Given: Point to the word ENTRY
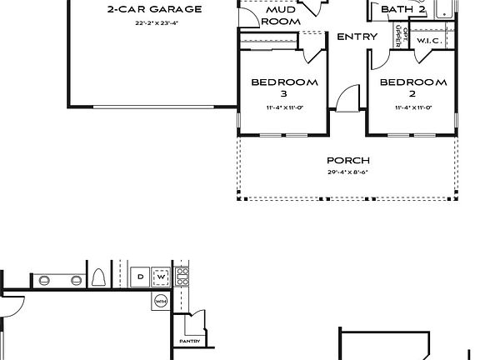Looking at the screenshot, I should (357, 37).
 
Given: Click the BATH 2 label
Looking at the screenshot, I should (403, 9).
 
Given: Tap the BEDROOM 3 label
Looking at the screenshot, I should (284, 88).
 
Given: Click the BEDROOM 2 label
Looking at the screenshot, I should (413, 88).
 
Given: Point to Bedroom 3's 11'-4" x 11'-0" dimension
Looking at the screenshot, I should (284, 108).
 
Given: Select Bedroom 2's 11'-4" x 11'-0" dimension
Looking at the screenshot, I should (413, 108).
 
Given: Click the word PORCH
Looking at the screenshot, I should (348, 160).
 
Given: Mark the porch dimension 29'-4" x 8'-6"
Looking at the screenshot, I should (348, 172).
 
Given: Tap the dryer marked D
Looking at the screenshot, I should (141, 276).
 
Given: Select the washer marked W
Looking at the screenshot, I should (162, 276).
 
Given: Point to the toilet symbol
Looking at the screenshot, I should (98, 277).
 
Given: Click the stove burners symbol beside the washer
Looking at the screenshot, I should (182, 277).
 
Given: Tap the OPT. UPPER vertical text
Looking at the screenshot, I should (404, 37).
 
